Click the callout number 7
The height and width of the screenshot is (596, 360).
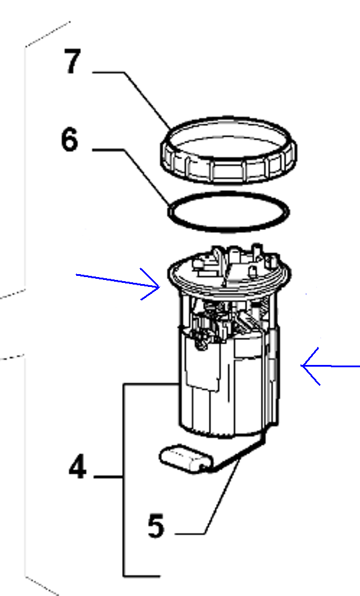pos(73,61)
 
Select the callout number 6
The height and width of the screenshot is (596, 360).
pos(70,140)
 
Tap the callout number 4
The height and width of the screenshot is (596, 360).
pos(77,467)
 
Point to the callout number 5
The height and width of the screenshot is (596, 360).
pos(156,526)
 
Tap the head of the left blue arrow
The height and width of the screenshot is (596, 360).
pos(159,288)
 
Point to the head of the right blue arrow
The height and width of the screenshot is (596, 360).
pos(301,366)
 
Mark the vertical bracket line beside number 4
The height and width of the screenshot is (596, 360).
pos(123,480)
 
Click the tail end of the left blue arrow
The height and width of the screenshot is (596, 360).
pos(77,275)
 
